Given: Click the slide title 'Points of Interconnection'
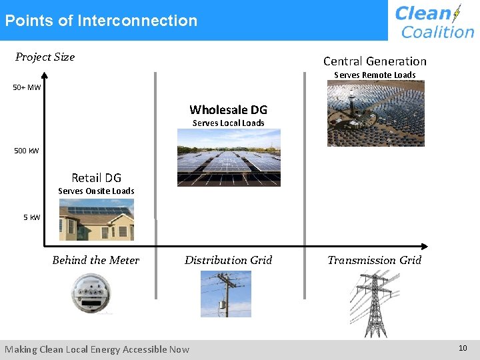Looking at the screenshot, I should coord(101,21).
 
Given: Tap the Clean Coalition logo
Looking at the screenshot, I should coord(434,21).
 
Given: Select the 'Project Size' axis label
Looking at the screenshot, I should coord(45,57).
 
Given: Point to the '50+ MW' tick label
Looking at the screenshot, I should coord(27,87).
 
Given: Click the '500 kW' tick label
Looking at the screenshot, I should coord(27,151).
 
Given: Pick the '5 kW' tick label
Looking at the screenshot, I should coord(31,217).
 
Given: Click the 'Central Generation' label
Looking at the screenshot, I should coord(375,61).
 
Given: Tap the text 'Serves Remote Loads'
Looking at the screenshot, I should coord(375,75).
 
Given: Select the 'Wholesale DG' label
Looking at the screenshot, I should coord(228,110).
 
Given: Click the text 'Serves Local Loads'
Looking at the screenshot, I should coord(228,123).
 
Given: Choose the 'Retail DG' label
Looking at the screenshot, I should coord(96,177).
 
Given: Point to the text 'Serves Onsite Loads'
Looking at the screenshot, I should coord(96,191).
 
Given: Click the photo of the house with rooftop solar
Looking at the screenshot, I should coord(96,220).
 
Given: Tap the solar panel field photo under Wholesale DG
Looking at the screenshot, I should coord(228,158).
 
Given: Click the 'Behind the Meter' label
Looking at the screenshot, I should coord(96,261).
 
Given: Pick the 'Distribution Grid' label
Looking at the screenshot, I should coord(228,261).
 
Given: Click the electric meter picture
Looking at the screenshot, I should coord(92,293).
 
